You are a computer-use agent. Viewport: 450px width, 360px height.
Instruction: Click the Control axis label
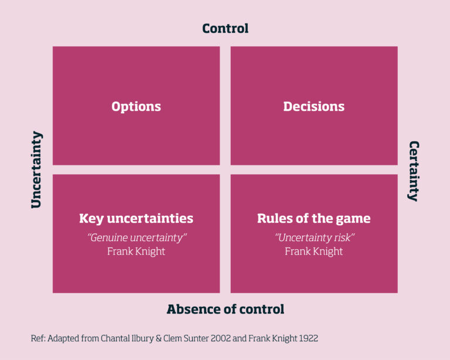coord(225,28)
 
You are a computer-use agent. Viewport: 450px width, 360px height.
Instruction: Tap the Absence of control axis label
coord(225,309)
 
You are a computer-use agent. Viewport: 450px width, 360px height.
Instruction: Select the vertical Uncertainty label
coord(37,169)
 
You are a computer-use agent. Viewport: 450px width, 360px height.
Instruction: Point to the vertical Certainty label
coord(414,171)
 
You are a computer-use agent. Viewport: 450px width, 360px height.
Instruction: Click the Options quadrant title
coord(136,107)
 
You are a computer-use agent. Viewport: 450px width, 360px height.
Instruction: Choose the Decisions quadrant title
coord(313,107)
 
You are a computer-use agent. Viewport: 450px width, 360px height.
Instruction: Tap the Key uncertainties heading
coord(136,219)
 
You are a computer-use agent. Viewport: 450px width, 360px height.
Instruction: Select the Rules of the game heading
coord(313,219)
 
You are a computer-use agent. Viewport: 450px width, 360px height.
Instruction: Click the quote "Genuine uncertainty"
coord(137,237)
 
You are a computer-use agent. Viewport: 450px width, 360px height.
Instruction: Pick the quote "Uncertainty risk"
coord(314,237)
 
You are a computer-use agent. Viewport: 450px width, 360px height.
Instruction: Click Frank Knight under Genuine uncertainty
coord(136,252)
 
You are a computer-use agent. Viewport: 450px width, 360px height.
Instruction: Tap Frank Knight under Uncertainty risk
coord(313,252)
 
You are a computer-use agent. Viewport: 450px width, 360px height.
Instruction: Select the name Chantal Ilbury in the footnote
coord(127,338)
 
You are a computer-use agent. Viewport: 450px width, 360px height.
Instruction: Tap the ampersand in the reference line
coord(158,338)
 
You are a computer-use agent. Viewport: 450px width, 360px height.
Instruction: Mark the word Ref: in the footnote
coord(38,338)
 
